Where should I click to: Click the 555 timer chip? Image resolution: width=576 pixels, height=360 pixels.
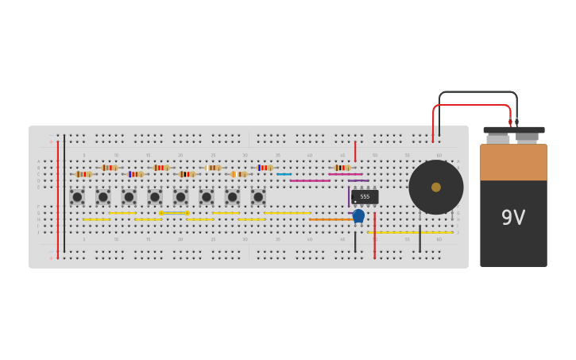point(365,196)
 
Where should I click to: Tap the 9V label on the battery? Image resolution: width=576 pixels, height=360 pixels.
point(512,218)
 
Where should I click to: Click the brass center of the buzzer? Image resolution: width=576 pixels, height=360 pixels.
point(436,188)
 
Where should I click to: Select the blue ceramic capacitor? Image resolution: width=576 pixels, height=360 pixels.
point(358,215)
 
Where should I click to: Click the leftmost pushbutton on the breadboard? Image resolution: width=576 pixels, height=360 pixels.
point(77,196)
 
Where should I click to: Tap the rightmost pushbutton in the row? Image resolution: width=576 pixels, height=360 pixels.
point(258,196)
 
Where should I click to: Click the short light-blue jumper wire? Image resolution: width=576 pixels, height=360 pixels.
point(284,174)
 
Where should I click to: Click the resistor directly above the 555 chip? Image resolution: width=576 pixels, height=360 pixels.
point(342,168)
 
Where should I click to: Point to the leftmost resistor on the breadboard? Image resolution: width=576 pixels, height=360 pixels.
point(83,174)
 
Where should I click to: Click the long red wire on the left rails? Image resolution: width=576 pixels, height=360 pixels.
point(58,199)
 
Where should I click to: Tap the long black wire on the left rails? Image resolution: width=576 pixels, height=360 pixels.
point(64,199)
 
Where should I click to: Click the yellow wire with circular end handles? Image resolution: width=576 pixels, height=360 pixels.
point(174,213)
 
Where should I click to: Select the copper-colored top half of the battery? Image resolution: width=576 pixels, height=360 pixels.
point(513,162)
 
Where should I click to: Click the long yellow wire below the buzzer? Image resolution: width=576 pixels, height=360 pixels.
point(410,232)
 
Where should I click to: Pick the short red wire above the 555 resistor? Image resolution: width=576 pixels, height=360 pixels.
point(355,151)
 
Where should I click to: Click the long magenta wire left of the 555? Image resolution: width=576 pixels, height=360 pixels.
point(310,180)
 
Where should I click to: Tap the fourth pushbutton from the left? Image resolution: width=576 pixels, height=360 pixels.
point(155,196)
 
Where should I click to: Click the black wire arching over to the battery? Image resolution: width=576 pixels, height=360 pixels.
point(477,92)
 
